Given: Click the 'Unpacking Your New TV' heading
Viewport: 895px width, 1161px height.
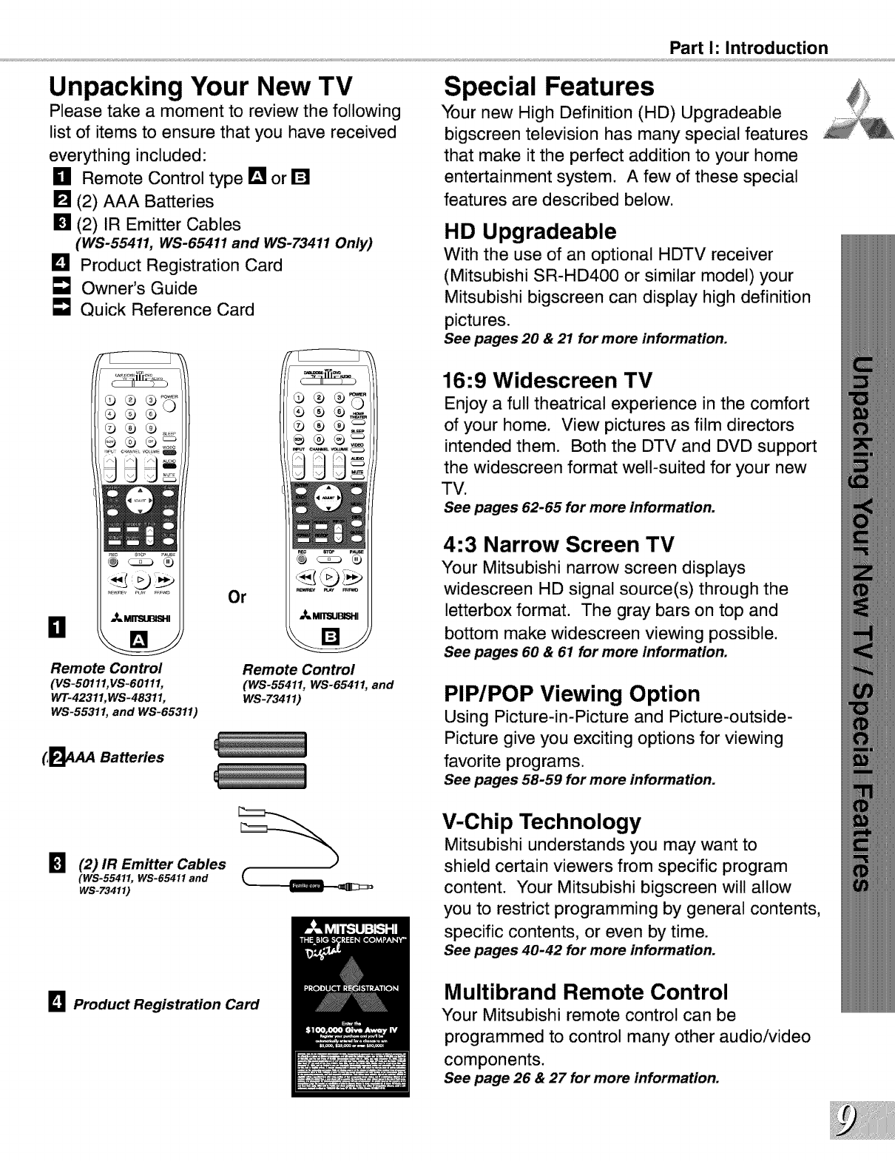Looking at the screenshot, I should (200, 87).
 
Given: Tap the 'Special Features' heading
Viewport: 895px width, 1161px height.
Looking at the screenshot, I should (549, 87).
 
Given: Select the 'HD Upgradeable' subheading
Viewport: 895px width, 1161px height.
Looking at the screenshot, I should (530, 231).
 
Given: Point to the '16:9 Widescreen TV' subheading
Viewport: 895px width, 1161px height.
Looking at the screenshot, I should (548, 380).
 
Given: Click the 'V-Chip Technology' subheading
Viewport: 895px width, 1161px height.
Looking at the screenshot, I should (541, 822).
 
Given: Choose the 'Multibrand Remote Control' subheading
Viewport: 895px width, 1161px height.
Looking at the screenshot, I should (586, 991).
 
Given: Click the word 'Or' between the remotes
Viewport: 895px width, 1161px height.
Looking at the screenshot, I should (237, 597).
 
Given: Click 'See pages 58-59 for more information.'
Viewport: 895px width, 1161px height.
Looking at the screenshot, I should (579, 780).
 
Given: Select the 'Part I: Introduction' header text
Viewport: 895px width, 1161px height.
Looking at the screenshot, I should (748, 48).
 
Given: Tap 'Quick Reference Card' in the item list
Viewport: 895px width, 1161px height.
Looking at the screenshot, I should (166, 310).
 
